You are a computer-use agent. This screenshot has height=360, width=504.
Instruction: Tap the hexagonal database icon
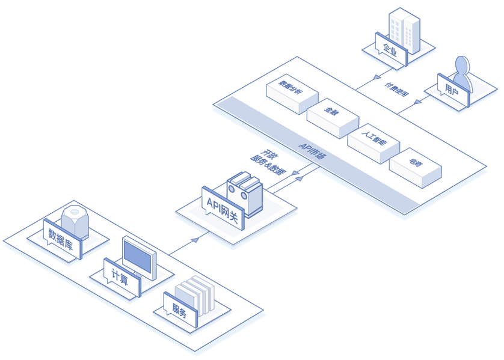pyautogui.click(x=75, y=221)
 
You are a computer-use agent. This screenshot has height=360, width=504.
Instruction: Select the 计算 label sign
pyautogui.click(x=121, y=277)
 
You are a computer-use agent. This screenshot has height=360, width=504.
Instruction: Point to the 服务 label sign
pyautogui.click(x=180, y=310)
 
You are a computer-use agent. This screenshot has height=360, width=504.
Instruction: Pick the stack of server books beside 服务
pyautogui.click(x=196, y=294)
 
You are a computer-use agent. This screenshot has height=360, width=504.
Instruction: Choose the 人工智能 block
pyautogui.click(x=373, y=138)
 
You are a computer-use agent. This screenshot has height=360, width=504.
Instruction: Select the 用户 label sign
pyautogui.click(x=452, y=90)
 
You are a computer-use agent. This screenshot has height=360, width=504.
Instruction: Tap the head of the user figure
pyautogui.click(x=462, y=64)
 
